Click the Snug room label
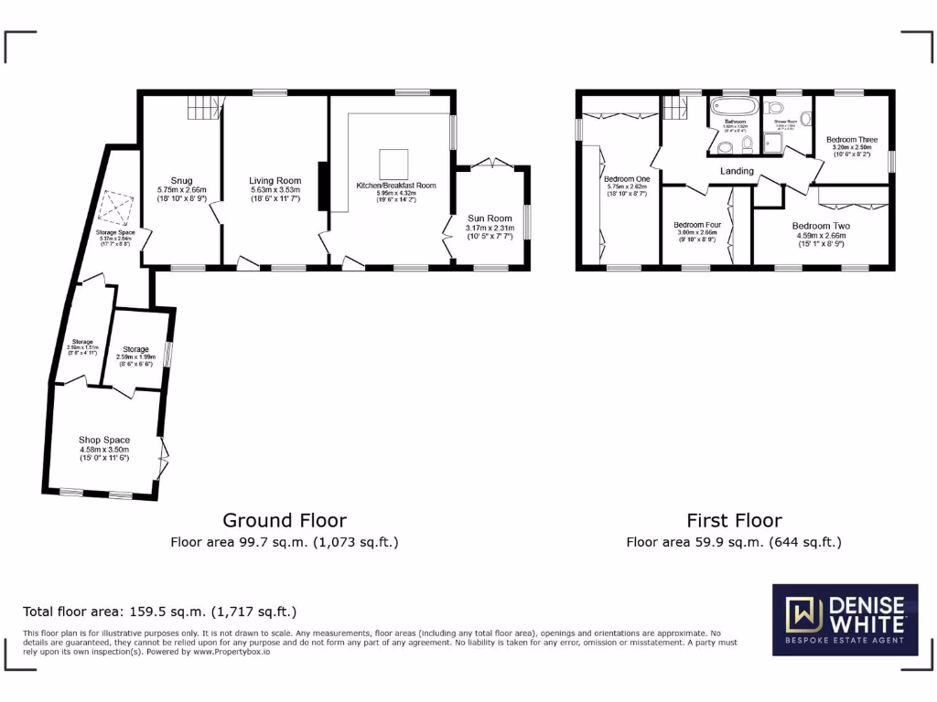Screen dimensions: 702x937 coord(180,180)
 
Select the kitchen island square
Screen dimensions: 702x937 coord(394,162)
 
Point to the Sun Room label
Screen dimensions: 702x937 coord(490,218)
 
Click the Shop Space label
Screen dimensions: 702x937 coord(104,440)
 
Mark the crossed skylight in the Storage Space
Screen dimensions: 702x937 coord(115,208)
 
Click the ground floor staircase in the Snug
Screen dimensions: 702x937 coord(203,110)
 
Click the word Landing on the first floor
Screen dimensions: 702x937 coord(737,171)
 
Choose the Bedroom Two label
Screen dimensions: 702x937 coord(821,226)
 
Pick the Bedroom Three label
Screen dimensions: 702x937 coord(852,140)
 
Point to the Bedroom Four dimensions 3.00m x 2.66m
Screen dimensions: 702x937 coord(696,233)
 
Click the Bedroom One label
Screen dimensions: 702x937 coord(627,179)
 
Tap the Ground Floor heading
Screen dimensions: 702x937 coord(285,520)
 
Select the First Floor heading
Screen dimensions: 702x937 coord(734,520)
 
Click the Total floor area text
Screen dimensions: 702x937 coord(159,612)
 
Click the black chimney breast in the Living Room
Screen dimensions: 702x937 coord(322,186)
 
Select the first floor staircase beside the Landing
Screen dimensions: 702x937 coord(675,108)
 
